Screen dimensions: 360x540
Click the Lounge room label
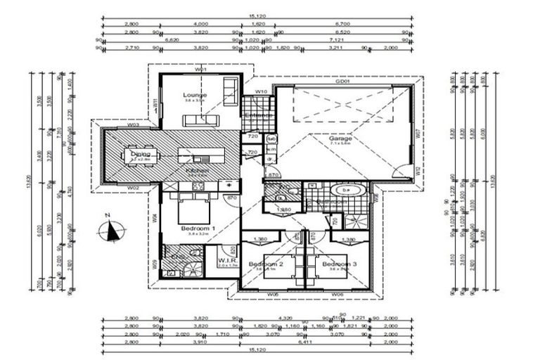tap(195, 94)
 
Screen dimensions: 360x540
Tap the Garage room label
tap(340, 139)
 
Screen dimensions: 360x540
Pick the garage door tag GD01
tap(342, 82)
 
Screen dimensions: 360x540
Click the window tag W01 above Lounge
tap(200, 70)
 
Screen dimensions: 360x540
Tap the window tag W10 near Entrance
tap(260, 91)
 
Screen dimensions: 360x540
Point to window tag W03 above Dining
tap(132, 125)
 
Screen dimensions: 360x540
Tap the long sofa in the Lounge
tap(202, 120)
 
